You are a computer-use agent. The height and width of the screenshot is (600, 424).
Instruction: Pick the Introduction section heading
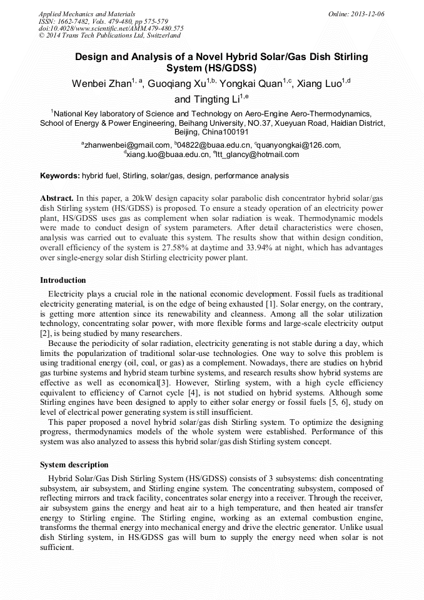click(63, 280)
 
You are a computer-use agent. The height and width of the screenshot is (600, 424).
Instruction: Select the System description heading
click(74, 465)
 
